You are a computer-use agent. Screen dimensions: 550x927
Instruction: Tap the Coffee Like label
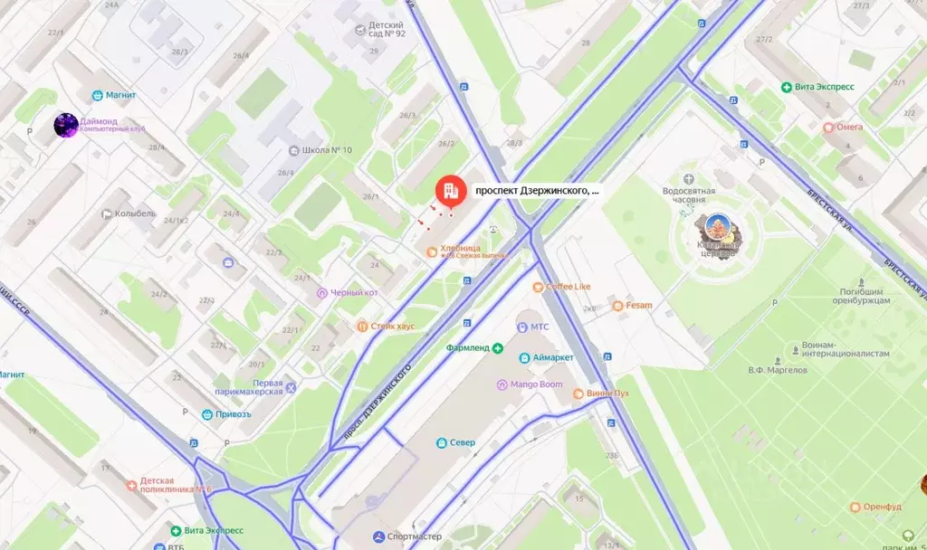[568, 287]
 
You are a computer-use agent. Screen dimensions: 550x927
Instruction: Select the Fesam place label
[638, 306]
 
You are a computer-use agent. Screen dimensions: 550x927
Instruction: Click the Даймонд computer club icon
[65, 125]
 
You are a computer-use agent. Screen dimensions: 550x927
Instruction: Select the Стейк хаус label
[392, 326]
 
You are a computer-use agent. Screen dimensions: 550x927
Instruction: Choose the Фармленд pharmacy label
[467, 348]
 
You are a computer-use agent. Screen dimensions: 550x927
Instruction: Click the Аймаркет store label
[552, 357]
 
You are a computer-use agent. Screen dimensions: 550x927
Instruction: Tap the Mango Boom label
[536, 384]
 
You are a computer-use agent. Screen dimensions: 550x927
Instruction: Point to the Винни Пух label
[607, 394]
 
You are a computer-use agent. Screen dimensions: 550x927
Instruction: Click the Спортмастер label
[414, 536]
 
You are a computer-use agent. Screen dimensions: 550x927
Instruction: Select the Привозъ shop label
[233, 414]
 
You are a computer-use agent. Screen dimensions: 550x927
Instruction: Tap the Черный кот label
[354, 293]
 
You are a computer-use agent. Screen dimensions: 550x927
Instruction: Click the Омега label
[848, 128]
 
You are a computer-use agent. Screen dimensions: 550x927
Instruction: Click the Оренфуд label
[882, 507]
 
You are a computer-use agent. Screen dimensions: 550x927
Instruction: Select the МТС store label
[540, 326]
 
